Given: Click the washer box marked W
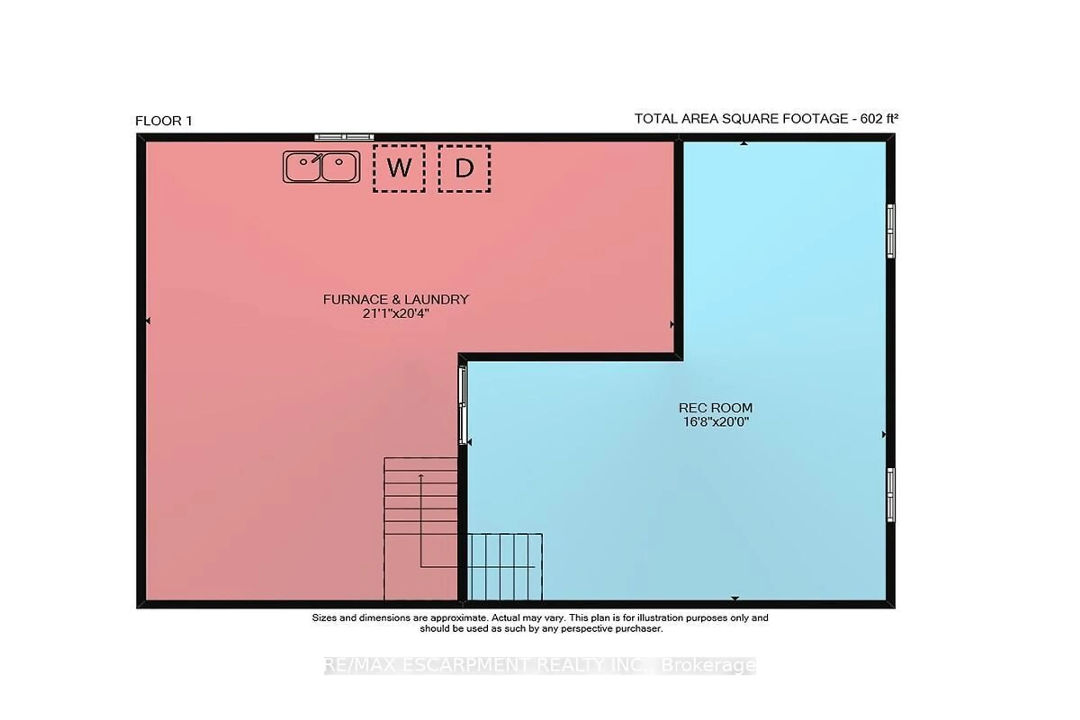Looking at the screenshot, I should [x=399, y=168].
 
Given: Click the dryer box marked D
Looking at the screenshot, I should [x=464, y=168].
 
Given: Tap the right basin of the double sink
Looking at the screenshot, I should [x=339, y=167].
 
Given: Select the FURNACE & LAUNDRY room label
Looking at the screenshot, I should [x=396, y=299].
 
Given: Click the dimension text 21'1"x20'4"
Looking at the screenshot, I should [x=396, y=314].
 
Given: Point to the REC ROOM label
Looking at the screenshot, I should [x=715, y=408].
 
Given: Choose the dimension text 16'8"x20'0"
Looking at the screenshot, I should [x=715, y=422].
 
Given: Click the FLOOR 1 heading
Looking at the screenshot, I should [x=163, y=121].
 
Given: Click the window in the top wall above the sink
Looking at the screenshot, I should [x=344, y=137].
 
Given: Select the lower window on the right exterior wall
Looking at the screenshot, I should [x=890, y=494].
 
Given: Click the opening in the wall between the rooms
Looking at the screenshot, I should [x=463, y=406].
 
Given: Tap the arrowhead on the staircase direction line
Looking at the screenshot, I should [x=421, y=476].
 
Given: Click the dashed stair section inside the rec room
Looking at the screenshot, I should [x=504, y=567].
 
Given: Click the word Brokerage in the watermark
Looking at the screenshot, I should [x=708, y=665].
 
